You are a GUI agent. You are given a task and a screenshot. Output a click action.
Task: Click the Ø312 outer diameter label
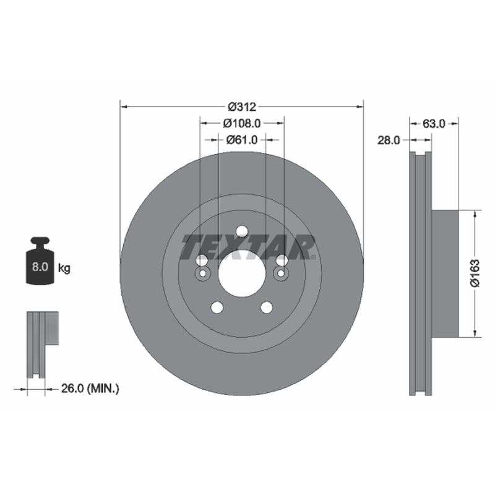coord(242,107)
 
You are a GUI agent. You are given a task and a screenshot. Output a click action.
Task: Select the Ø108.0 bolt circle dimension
coord(242,123)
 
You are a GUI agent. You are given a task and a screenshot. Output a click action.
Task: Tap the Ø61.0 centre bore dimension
coord(242,140)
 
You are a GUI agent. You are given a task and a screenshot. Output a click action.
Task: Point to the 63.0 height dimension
coord(434,123)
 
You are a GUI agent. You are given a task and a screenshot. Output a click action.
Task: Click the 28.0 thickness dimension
coord(389,140)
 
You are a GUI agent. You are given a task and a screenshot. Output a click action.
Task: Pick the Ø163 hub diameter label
coord(475,273)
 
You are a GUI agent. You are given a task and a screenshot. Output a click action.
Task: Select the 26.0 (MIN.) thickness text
coord(90,389)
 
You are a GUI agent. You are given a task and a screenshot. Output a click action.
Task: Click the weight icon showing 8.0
coord(40,260)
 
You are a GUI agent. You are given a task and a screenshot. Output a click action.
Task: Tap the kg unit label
coord(64,268)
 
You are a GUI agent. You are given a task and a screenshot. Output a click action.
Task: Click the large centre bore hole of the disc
coord(242,273)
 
